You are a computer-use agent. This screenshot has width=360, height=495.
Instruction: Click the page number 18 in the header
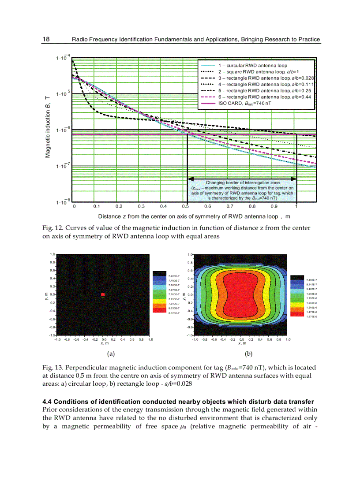click(46, 39)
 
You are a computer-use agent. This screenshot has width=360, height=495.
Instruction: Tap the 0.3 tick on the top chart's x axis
click(141, 206)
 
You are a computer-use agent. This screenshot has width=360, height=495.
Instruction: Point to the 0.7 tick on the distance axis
click(230, 206)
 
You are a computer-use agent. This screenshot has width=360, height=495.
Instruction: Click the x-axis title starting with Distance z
click(194, 216)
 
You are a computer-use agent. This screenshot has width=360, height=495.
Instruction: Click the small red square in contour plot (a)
click(103, 294)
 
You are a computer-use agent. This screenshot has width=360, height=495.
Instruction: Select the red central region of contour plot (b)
click(241, 294)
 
